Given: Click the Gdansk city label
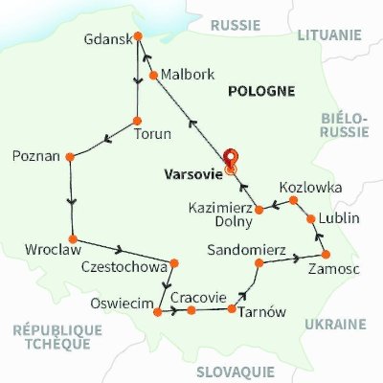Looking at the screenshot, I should [x=105, y=42].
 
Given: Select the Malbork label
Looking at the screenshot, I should [x=188, y=74].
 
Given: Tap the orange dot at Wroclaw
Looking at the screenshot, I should [x=72, y=238].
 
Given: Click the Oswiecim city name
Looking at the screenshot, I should [x=121, y=304].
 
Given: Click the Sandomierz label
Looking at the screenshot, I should [x=246, y=250].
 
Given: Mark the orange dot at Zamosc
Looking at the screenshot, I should [x=327, y=254].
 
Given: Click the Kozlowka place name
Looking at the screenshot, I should [x=309, y=188].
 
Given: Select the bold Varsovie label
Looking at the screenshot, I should [x=193, y=175].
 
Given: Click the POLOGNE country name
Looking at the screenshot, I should [x=259, y=91].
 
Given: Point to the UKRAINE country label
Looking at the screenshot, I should [x=335, y=325].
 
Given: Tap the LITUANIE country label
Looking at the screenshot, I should [x=328, y=34].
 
